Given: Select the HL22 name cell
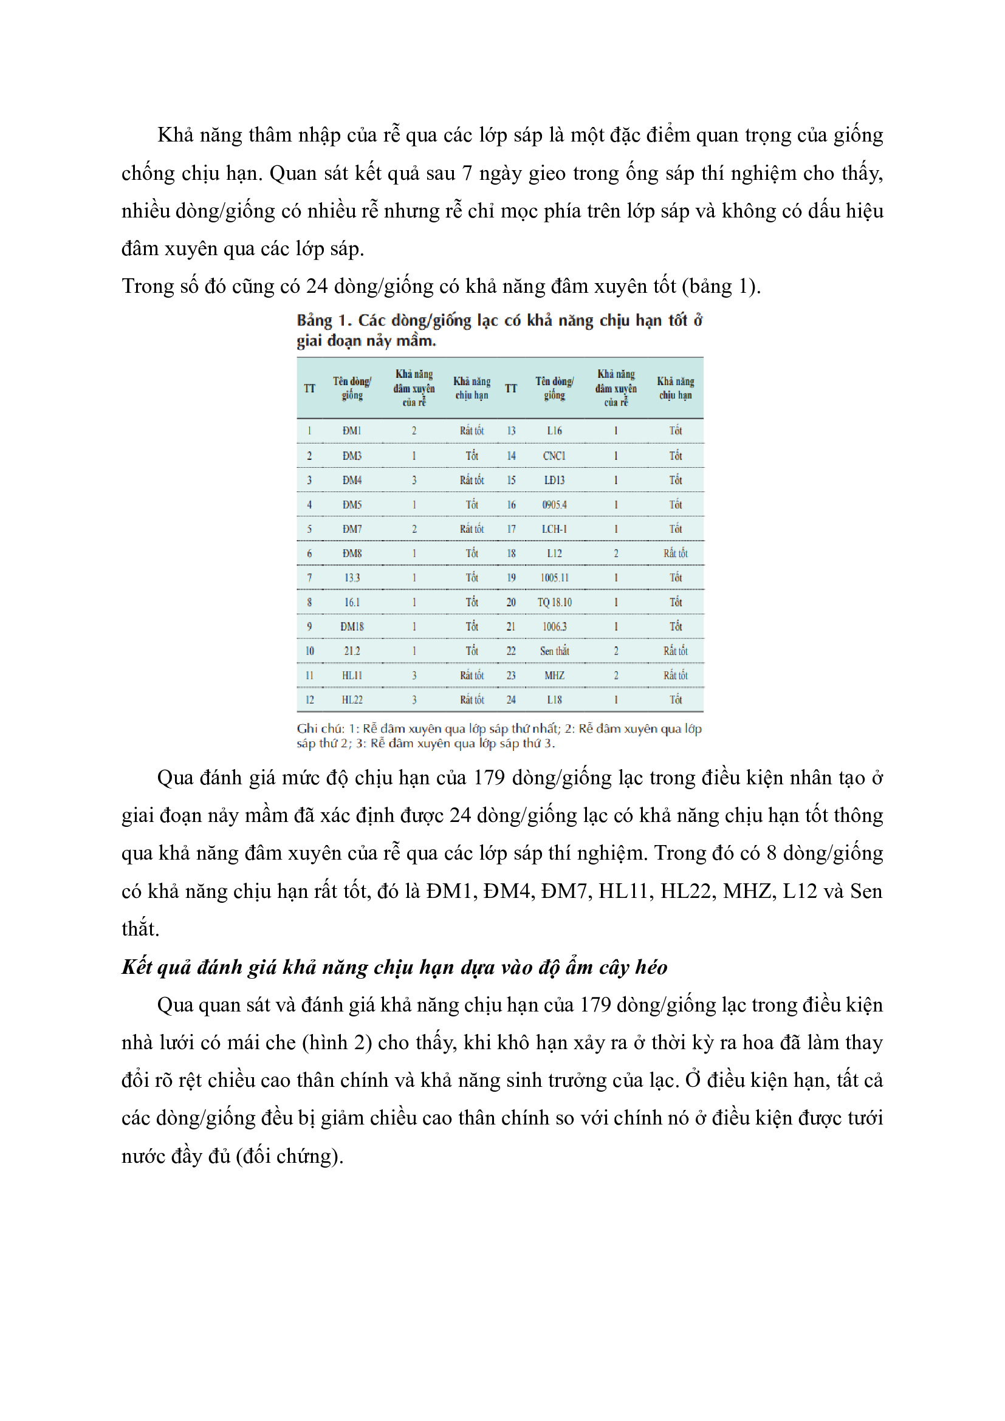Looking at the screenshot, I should point(352,700).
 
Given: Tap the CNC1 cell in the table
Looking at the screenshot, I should point(554,456).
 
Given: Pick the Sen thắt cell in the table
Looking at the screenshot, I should point(554,651).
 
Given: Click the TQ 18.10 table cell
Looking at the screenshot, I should point(554,602).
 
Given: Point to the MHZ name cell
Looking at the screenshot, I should point(554,676).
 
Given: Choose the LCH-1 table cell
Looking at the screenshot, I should point(554,529).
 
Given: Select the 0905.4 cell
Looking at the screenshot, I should point(554,505).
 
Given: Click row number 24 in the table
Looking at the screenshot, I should point(511,700).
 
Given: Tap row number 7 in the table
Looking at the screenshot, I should point(309,578).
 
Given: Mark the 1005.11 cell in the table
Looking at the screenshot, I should point(554,578).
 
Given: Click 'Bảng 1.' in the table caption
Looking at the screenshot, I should point(324,321).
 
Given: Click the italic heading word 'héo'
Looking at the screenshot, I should point(650,967).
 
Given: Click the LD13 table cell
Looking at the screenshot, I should point(554,481).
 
